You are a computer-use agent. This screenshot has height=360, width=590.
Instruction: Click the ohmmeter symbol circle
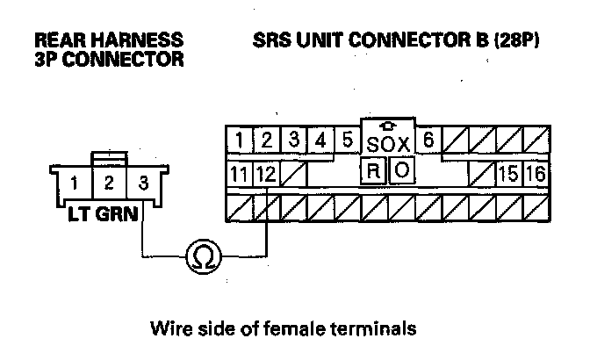pyautogui.click(x=202, y=256)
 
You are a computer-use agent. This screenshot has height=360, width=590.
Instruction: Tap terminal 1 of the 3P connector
pyautogui.click(x=76, y=185)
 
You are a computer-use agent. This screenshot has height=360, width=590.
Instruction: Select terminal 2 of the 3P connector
pyautogui.click(x=108, y=185)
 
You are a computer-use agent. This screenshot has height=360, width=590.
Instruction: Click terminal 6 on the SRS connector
pyautogui.click(x=428, y=140)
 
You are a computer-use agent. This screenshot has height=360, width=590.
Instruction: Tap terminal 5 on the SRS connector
pyautogui.click(x=347, y=140)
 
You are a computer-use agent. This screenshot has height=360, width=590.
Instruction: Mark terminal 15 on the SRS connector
pyautogui.click(x=507, y=173)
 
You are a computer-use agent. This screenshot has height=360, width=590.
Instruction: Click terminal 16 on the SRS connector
pyautogui.click(x=535, y=173)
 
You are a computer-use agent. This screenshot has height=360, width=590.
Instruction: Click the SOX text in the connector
pyautogui.click(x=386, y=143)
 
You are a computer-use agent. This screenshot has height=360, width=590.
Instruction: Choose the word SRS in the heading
pyautogui.click(x=273, y=40)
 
